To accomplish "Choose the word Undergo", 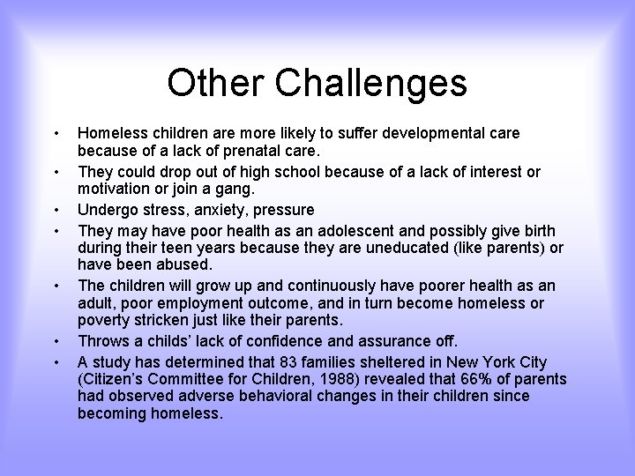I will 108,210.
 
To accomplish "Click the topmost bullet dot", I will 56,134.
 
